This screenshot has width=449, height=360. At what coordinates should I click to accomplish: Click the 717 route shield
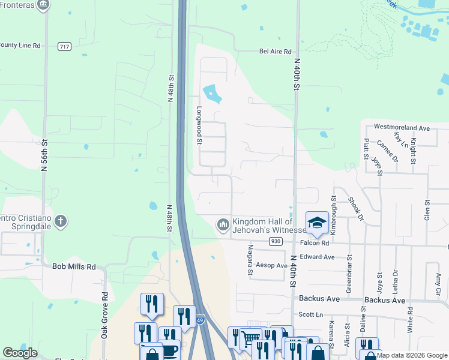click(x=65, y=46)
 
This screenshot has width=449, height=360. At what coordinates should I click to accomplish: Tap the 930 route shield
click(x=276, y=241)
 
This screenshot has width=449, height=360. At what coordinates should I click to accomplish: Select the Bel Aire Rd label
click(x=275, y=52)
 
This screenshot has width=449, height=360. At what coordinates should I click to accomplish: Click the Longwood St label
click(x=199, y=125)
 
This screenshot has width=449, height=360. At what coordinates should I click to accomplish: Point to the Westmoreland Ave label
click(x=402, y=128)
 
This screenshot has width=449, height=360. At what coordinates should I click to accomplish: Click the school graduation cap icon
click(x=316, y=223)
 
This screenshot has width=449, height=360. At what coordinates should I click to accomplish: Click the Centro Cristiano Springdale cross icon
click(x=59, y=222)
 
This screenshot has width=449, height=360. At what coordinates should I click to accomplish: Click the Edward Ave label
click(x=317, y=257)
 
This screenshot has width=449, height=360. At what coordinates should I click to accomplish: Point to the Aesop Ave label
click(x=271, y=265)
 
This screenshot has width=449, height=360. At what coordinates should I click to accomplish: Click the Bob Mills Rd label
click(x=74, y=266)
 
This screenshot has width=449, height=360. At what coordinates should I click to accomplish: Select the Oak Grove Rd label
click(x=104, y=314)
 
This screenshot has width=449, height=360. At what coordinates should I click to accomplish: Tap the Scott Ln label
click(x=310, y=314)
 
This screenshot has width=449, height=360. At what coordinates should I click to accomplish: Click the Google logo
click(x=20, y=353)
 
